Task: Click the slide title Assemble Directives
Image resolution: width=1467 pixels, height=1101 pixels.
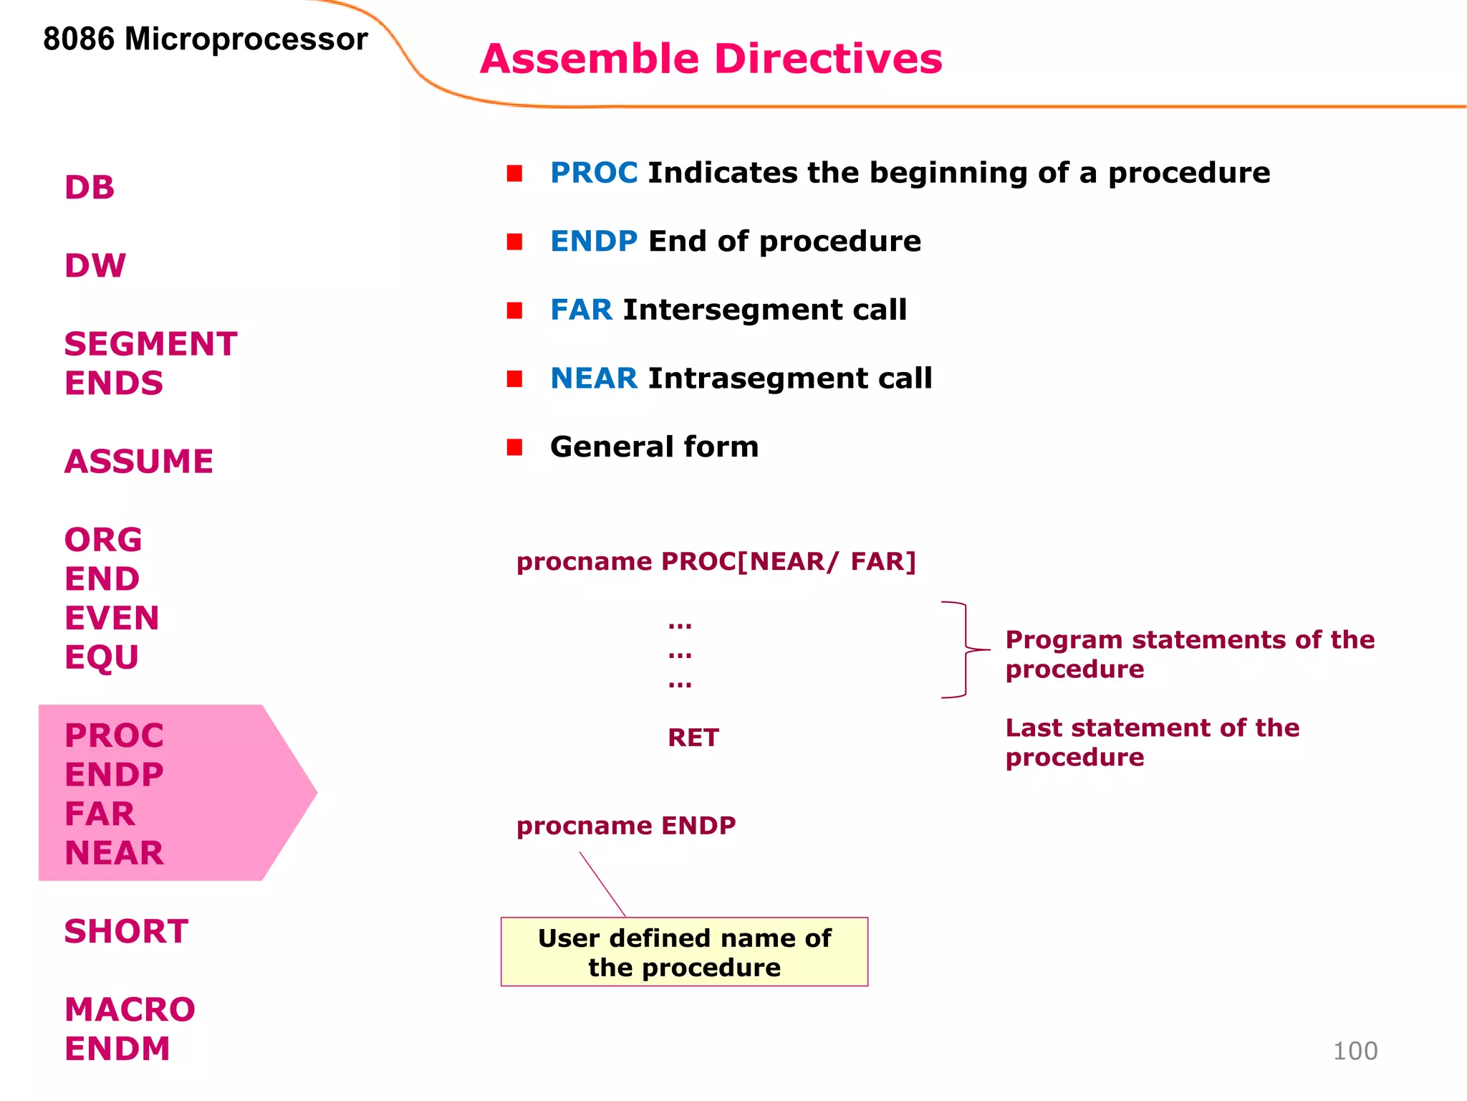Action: pyautogui.click(x=711, y=59)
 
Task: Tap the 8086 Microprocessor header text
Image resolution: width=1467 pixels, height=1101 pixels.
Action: pyautogui.click(x=205, y=39)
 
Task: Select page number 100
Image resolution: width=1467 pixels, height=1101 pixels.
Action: pyautogui.click(x=1355, y=1051)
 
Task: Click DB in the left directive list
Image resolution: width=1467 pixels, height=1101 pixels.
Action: pyautogui.click(x=90, y=188)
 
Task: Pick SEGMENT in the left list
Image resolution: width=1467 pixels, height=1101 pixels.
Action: pyautogui.click(x=150, y=344)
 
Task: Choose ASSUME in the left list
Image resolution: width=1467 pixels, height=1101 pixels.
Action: pyautogui.click(x=139, y=462)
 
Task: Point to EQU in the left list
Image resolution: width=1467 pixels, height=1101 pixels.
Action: pyautogui.click(x=102, y=657)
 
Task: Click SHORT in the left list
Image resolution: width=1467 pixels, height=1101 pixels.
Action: pyautogui.click(x=126, y=932)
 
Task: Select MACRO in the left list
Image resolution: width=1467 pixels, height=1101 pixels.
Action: pyautogui.click(x=130, y=1010)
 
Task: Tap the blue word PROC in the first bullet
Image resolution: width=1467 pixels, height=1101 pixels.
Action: pyautogui.click(x=593, y=173)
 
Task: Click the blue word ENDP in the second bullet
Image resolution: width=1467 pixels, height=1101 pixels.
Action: pyautogui.click(x=593, y=242)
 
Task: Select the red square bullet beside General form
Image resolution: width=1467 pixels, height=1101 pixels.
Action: pyautogui.click(x=514, y=447)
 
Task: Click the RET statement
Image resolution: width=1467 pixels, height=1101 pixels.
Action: pyautogui.click(x=693, y=738)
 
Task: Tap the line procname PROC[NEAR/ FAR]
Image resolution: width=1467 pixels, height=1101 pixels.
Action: pyautogui.click(x=716, y=561)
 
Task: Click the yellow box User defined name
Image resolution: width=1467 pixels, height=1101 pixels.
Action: pyautogui.click(x=684, y=952)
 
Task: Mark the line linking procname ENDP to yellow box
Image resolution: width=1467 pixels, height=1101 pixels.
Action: pyautogui.click(x=602, y=885)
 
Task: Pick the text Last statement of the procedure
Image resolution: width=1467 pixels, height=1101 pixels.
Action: pyautogui.click(x=1151, y=743)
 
